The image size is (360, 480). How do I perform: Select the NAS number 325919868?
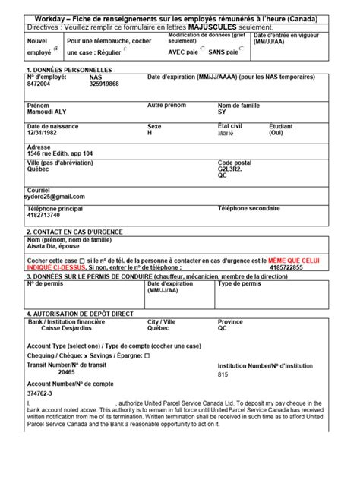[104, 84]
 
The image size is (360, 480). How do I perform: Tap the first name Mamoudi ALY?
[47, 111]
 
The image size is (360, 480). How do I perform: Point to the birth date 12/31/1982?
[42, 132]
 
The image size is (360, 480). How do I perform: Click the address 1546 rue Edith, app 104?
[60, 153]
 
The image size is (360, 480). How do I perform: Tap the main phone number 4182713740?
[43, 215]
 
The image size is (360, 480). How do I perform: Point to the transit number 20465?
[67, 372]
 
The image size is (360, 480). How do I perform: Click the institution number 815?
[223, 374]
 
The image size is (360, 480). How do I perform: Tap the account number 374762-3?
[39, 394]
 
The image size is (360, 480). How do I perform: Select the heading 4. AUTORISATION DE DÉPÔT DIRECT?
[80, 313]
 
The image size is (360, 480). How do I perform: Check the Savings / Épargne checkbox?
[147, 355]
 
